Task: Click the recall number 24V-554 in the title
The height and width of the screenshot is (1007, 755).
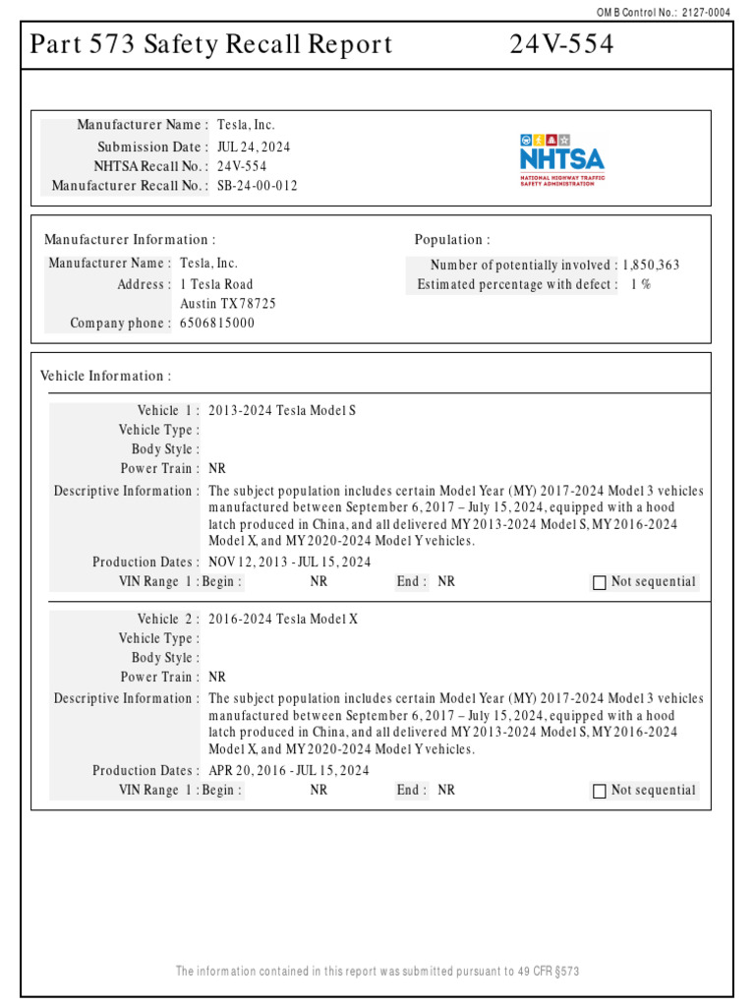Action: coord(561,45)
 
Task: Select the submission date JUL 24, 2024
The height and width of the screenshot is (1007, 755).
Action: coord(254,147)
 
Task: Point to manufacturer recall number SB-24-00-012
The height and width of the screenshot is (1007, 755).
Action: coord(258,186)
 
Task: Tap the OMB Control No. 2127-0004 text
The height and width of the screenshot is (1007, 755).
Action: coord(664,12)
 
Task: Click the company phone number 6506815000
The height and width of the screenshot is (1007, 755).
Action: coord(217,324)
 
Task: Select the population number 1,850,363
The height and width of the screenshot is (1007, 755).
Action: coord(651,266)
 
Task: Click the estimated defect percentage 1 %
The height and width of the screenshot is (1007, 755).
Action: coord(641,285)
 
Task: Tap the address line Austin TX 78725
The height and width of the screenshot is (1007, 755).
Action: coord(228,304)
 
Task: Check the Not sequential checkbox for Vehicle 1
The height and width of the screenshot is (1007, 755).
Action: coord(600,583)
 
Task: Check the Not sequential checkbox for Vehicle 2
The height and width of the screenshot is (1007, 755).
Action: coord(600,792)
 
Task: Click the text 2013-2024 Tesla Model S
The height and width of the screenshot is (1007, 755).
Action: coord(282,411)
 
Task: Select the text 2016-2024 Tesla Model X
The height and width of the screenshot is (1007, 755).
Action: coord(283,620)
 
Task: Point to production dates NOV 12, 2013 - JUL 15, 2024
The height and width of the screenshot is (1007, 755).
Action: coord(290,563)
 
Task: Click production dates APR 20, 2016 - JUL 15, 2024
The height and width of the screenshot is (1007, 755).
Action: coord(289,771)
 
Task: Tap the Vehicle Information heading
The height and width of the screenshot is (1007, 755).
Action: coord(105,377)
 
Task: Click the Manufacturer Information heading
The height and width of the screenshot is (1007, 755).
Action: coord(130,240)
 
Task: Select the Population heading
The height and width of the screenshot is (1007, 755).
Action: coord(451,240)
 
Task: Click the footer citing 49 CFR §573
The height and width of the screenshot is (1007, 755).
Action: coord(377,972)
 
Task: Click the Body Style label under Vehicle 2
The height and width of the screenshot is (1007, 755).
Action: coord(165,658)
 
